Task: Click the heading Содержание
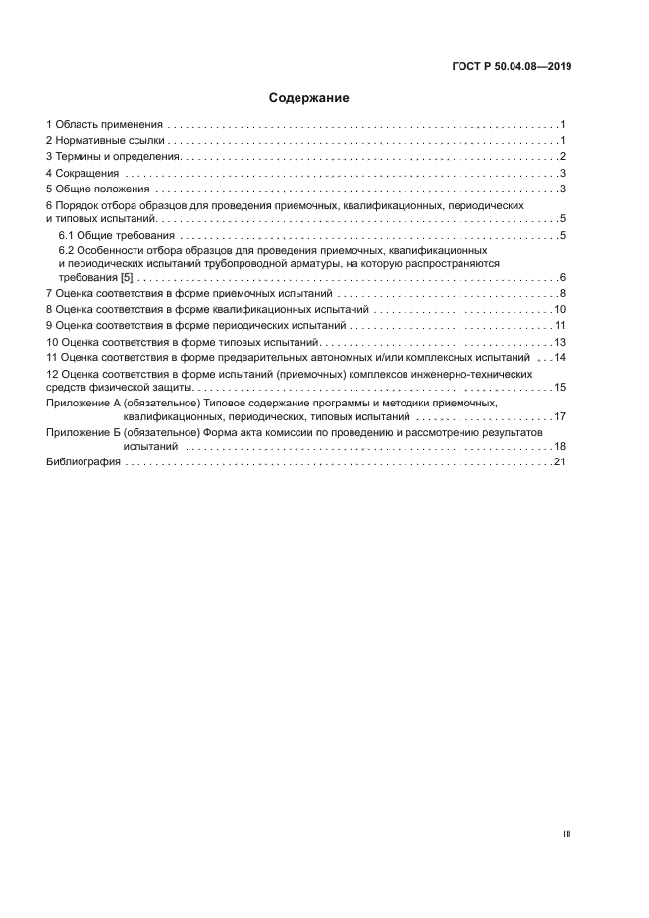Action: [309, 98]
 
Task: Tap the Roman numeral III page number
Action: [567, 834]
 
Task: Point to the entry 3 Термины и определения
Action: [114, 157]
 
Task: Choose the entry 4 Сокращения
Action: [83, 173]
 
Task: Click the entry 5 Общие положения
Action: [97, 189]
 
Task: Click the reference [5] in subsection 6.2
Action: [126, 278]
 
